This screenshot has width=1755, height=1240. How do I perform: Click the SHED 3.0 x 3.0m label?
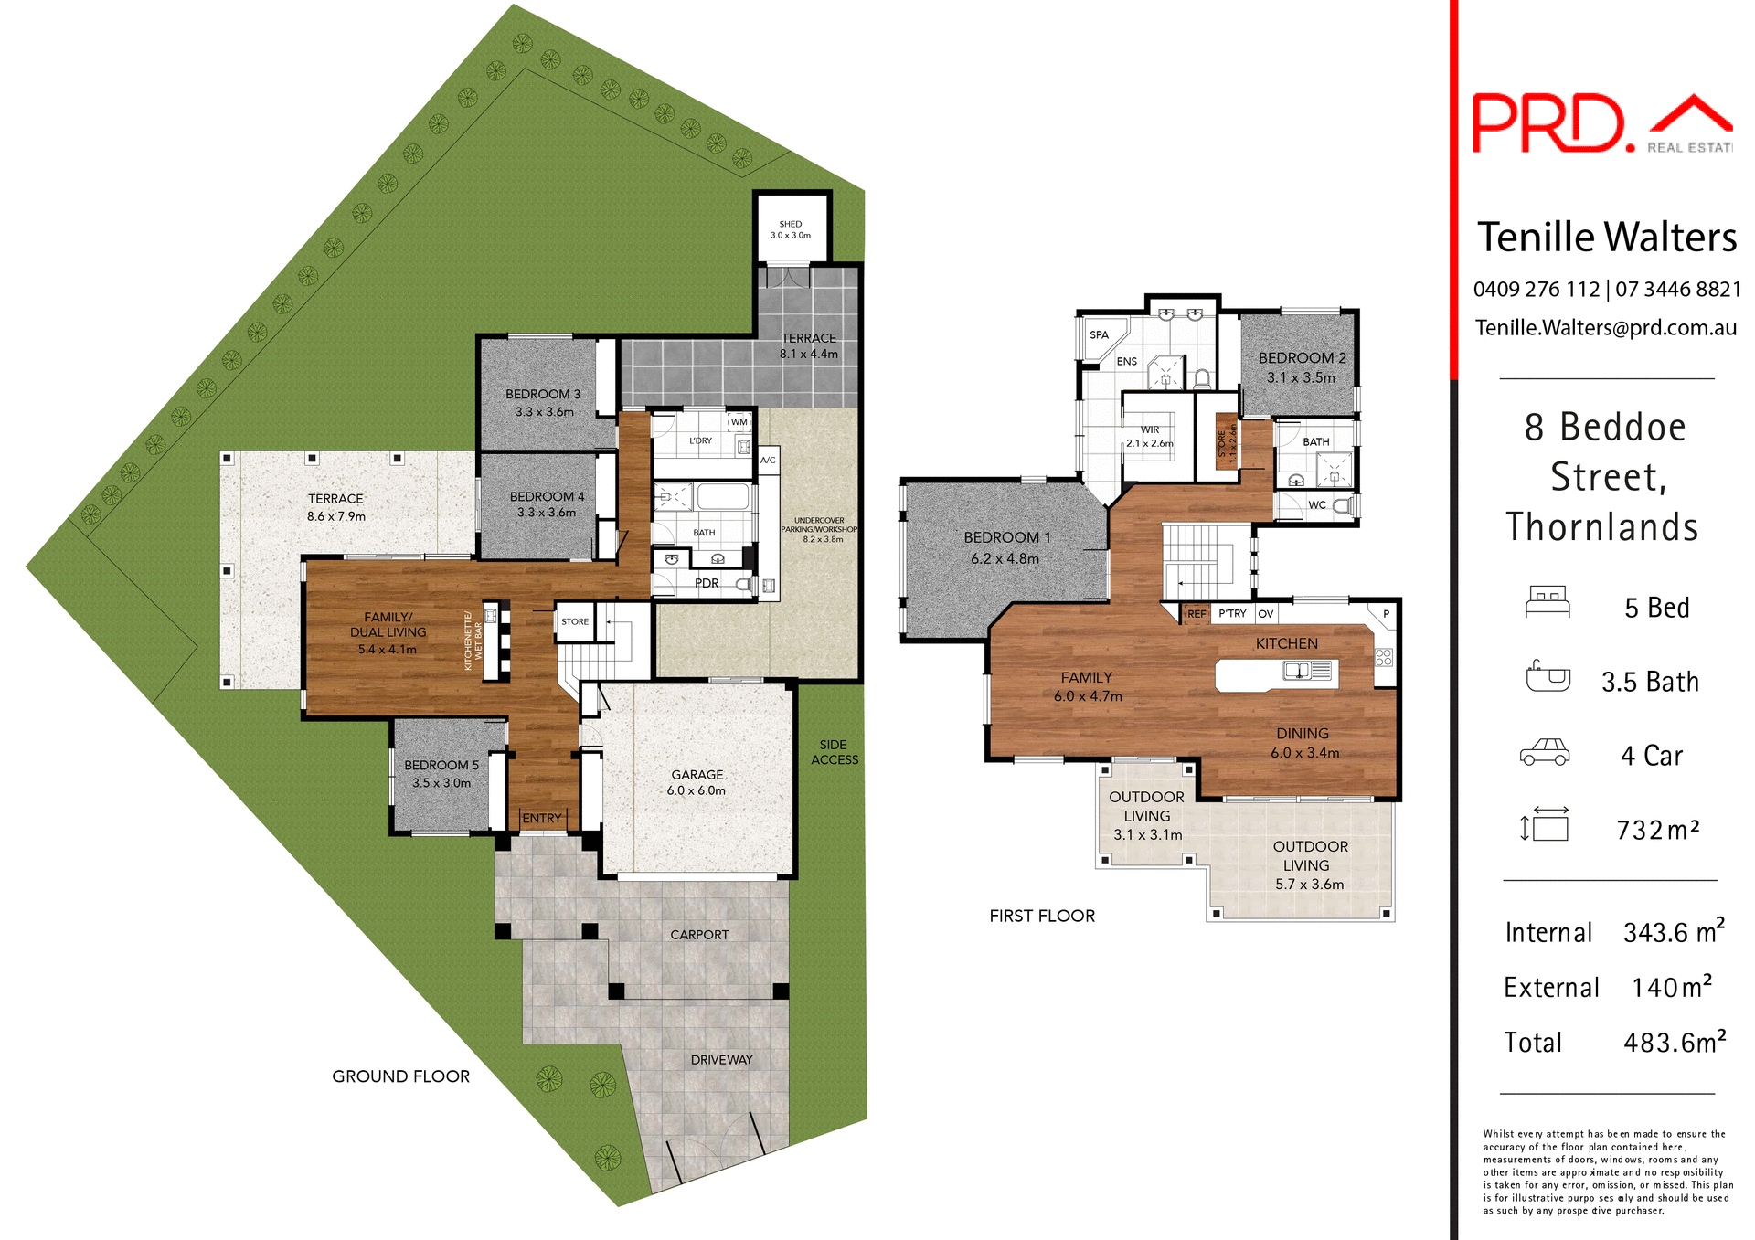click(x=791, y=229)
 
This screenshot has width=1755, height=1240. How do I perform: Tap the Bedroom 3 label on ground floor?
click(x=544, y=402)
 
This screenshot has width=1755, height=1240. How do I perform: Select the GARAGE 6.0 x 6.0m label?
click(x=697, y=782)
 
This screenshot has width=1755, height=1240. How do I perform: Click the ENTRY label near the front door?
click(x=542, y=818)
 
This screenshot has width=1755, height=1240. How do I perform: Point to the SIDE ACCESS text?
click(x=834, y=752)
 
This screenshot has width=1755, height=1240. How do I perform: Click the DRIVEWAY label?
click(x=721, y=1060)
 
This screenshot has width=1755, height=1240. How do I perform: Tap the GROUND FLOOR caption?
click(x=400, y=1076)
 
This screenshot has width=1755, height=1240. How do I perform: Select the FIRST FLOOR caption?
click(x=1042, y=916)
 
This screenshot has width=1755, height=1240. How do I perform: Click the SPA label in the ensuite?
click(x=1099, y=334)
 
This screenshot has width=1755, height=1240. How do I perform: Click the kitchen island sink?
click(x=1297, y=672)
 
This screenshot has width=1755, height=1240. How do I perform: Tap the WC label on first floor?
click(x=1316, y=504)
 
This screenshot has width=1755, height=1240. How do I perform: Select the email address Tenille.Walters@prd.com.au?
click(x=1605, y=327)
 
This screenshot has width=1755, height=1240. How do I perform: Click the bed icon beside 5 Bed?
click(x=1548, y=603)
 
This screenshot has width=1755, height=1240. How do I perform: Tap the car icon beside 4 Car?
click(x=1545, y=753)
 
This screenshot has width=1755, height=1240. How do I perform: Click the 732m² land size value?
click(x=1657, y=830)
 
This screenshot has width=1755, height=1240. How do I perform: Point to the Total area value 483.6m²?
click(x=1674, y=1042)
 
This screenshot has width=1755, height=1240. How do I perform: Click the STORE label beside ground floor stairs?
click(x=575, y=621)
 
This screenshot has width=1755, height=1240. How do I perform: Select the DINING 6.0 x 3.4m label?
click(x=1304, y=743)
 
